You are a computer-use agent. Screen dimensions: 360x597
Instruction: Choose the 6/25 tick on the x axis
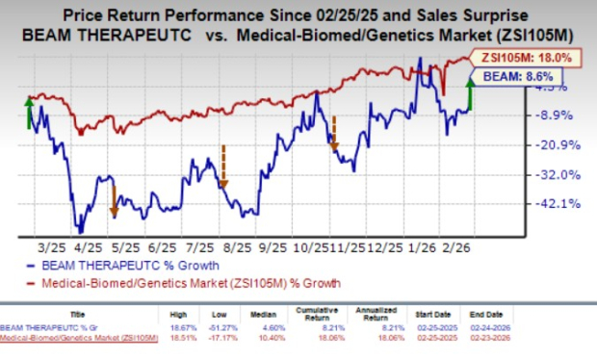[167, 247]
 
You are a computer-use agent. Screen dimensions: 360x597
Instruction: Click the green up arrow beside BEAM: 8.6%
[469, 94]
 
